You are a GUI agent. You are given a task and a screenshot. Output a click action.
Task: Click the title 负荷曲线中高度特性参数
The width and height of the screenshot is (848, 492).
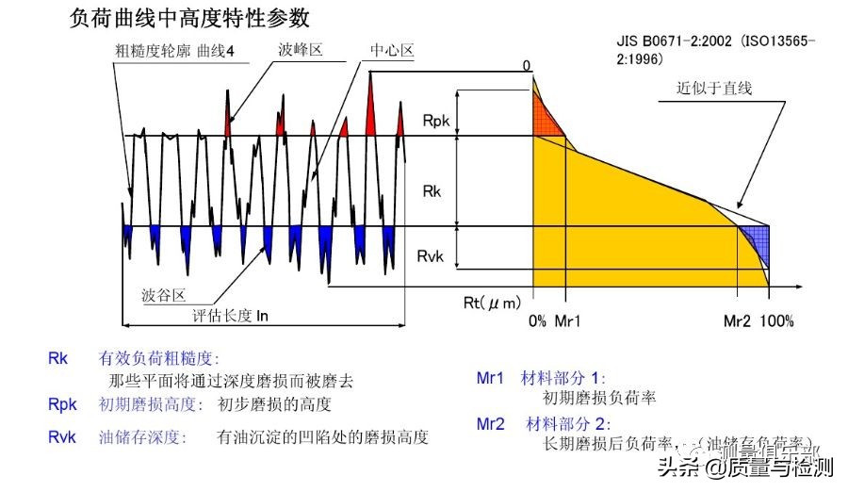click(189, 18)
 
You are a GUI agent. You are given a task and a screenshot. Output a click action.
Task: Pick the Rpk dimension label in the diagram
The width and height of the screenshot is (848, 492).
click(436, 120)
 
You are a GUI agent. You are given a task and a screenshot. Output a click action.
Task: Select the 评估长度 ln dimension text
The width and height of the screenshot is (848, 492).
click(231, 316)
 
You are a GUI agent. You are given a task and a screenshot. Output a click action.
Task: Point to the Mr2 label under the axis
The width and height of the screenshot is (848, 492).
click(738, 321)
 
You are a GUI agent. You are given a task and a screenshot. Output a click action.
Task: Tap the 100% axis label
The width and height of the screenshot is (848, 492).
click(777, 321)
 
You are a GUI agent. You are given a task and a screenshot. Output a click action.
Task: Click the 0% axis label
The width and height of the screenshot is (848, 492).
click(537, 321)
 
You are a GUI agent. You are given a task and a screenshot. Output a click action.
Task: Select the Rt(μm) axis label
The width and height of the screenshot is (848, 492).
click(492, 303)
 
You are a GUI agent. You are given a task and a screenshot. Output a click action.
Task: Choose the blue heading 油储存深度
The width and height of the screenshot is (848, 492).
click(142, 437)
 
